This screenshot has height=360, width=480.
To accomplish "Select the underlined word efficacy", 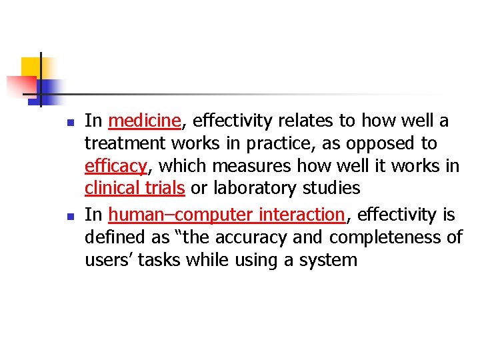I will click(115, 166).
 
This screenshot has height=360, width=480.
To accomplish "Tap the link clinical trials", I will click(135, 188).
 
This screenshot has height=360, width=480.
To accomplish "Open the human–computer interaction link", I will click(226, 215).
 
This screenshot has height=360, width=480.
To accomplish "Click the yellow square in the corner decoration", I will click(31, 67).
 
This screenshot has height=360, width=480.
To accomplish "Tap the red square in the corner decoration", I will click(20, 85).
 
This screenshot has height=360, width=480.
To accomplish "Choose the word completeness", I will click(377, 237).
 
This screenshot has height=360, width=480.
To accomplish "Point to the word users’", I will click(109, 259).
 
